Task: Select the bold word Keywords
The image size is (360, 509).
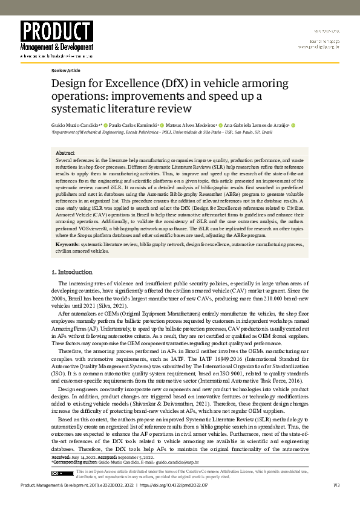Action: (67, 261)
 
